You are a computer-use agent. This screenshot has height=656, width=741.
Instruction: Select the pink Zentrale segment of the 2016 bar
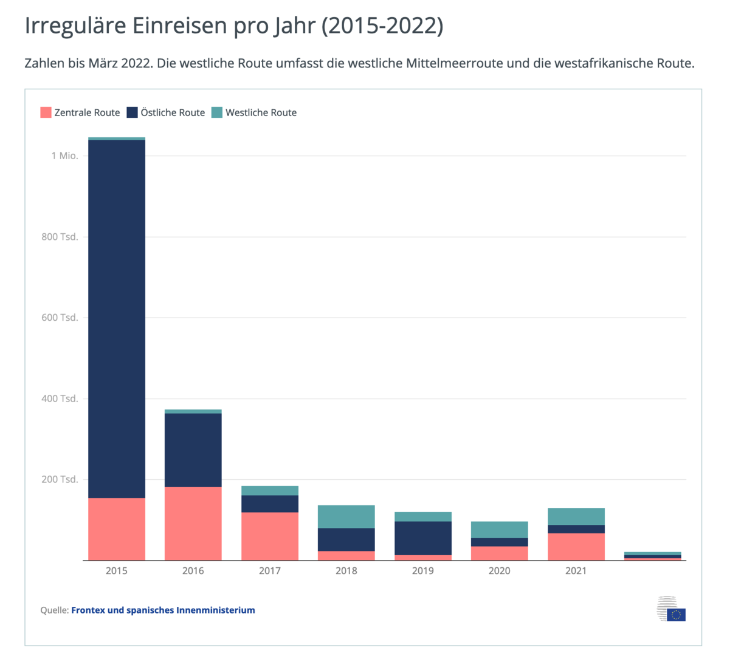(x=193, y=523)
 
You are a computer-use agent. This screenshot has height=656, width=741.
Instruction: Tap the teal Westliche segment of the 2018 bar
(x=346, y=516)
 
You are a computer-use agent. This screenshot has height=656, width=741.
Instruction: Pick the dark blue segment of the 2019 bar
(x=423, y=538)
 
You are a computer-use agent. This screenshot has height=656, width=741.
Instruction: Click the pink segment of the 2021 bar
(x=576, y=547)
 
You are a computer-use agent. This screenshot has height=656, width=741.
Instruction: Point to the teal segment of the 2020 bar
(x=500, y=530)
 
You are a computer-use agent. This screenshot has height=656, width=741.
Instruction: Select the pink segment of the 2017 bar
(x=270, y=536)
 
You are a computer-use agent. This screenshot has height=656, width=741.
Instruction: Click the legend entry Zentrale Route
(x=80, y=112)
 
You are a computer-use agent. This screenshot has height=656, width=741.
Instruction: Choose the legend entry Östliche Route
(x=166, y=112)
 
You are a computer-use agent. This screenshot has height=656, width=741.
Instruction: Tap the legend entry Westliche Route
(x=254, y=112)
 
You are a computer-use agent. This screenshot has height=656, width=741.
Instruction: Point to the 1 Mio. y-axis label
(x=64, y=156)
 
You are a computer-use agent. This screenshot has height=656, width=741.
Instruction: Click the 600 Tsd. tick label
(x=60, y=318)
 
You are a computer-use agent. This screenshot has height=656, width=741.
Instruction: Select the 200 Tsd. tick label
(x=60, y=479)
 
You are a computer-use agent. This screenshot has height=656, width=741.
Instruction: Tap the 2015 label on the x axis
(x=117, y=571)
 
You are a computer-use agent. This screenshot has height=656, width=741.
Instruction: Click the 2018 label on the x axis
(x=346, y=571)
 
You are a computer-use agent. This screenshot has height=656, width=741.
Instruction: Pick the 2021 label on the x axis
(x=576, y=571)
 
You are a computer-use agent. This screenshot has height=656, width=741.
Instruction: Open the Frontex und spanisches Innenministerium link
(x=163, y=610)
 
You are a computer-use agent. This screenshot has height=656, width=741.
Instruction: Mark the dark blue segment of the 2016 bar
(x=193, y=450)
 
